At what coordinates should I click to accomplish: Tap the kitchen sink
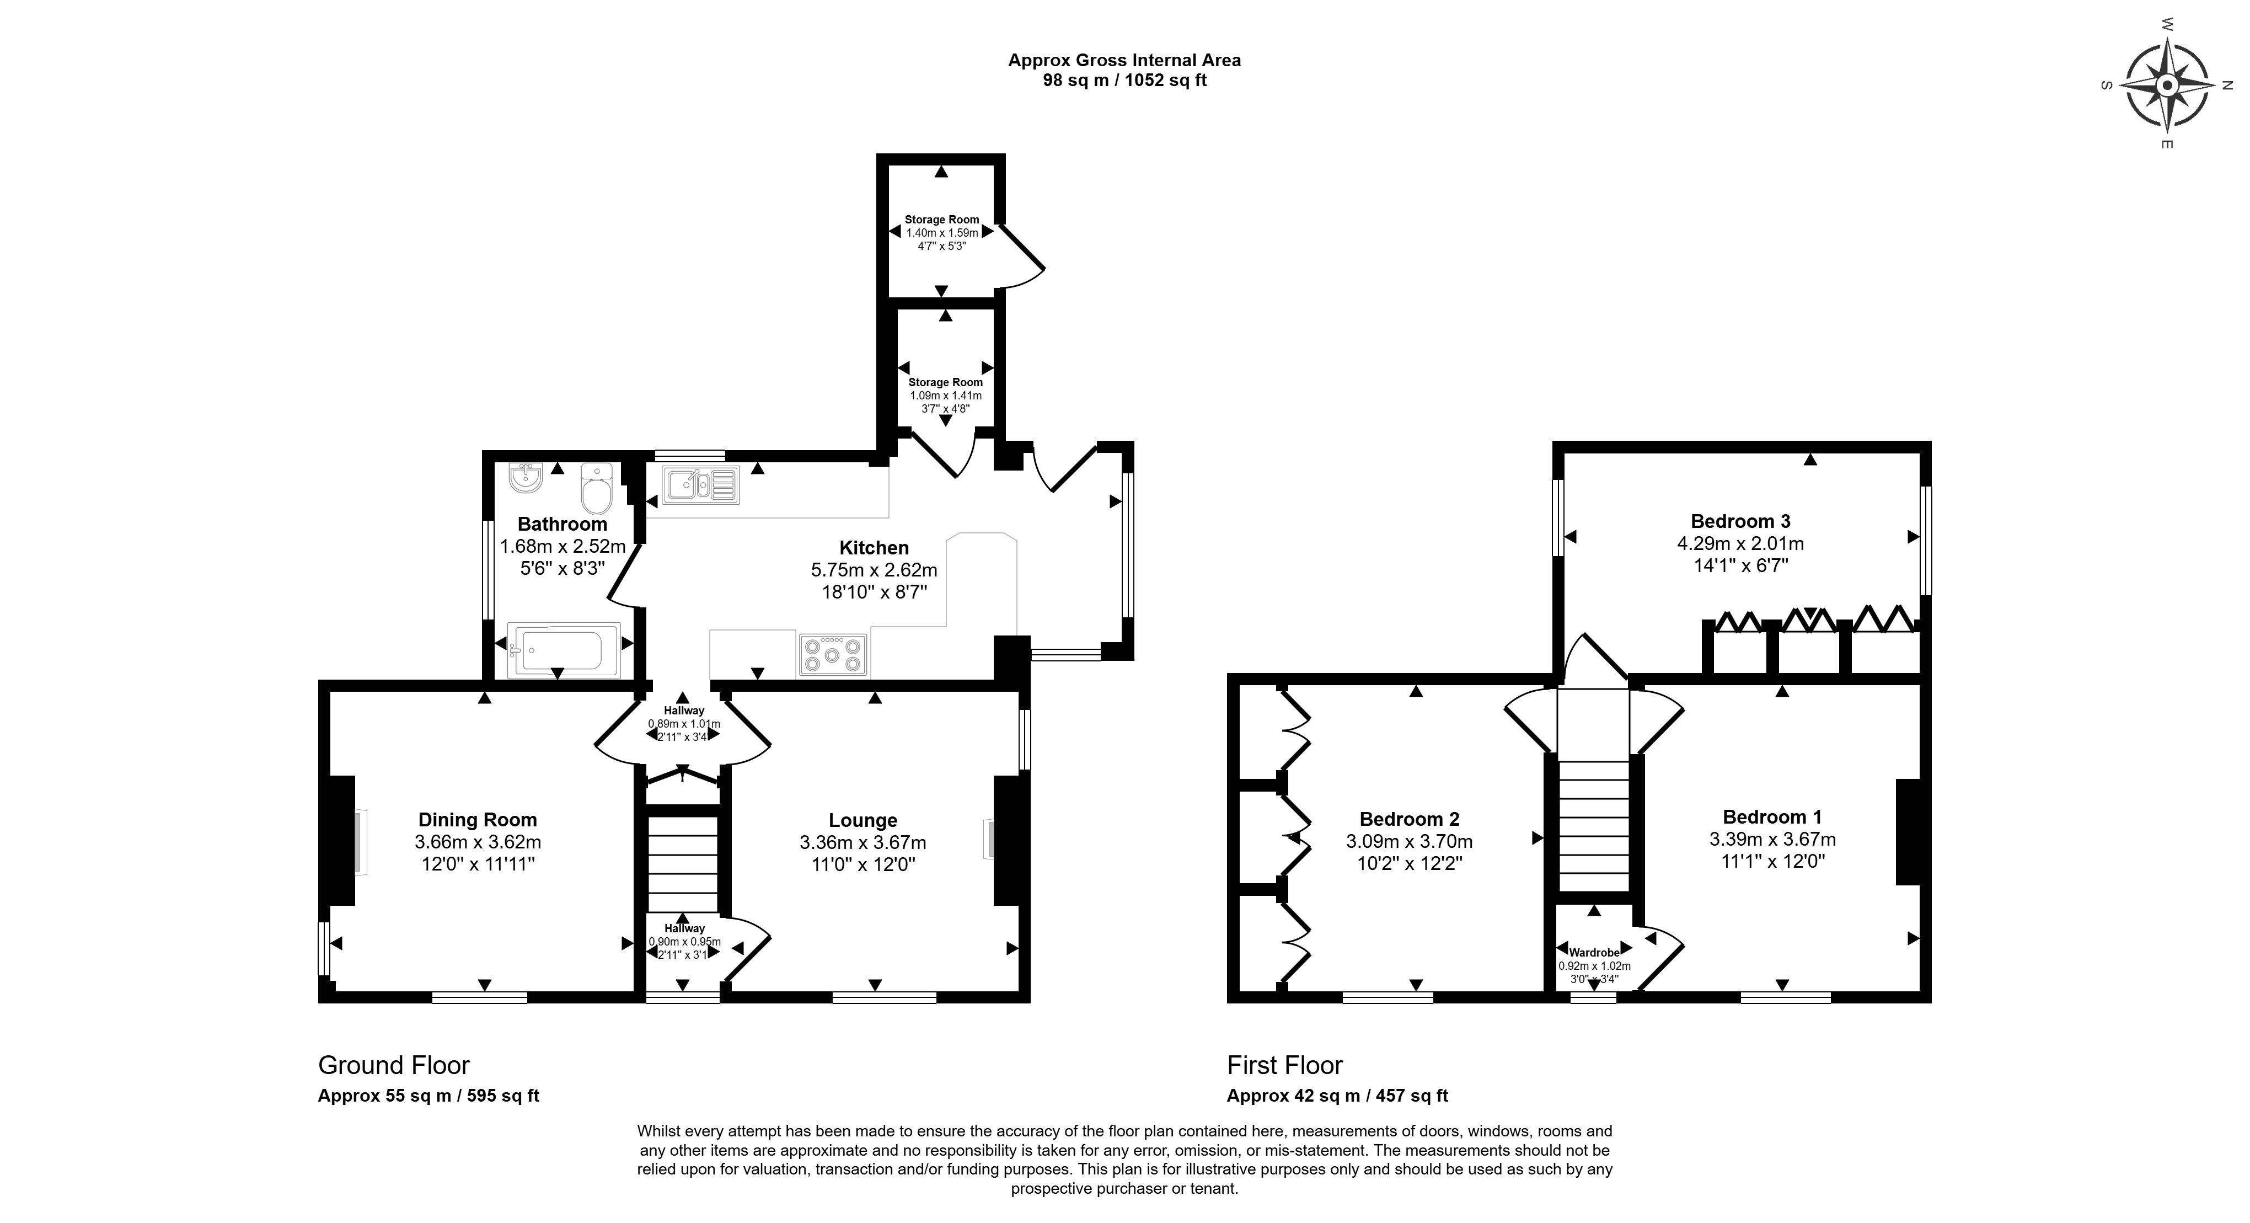[701, 485]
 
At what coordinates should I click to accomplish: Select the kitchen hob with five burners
[832, 654]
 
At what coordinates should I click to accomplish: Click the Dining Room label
[478, 819]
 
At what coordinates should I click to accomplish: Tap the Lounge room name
[863, 820]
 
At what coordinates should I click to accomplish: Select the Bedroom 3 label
[1741, 521]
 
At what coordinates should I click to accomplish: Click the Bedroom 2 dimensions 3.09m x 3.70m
[1410, 841]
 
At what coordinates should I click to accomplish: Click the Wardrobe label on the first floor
[1594, 952]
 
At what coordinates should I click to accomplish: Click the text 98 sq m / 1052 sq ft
[1125, 81]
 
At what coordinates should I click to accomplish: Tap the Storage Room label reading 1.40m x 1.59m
[942, 233]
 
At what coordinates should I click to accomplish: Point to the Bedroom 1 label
[1772, 817]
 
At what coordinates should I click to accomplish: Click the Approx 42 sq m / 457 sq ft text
[1337, 1096]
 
